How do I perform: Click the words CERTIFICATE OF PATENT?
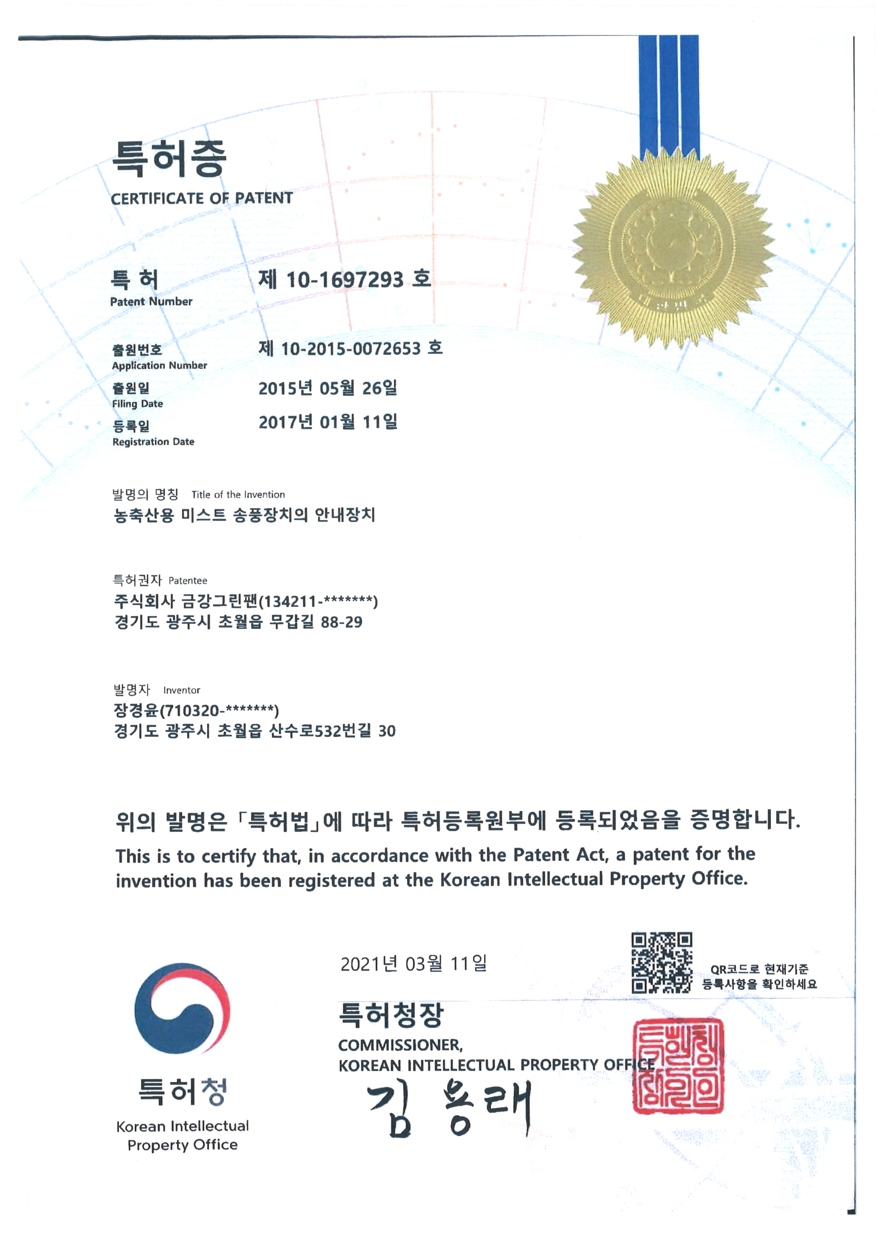tap(202, 199)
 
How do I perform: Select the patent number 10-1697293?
tap(345, 279)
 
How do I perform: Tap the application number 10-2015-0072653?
tap(351, 349)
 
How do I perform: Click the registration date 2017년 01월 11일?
tap(327, 422)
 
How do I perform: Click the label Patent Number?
tap(151, 302)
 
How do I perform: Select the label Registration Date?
tap(153, 442)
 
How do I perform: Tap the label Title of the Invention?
tap(238, 495)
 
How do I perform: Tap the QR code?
tap(662, 963)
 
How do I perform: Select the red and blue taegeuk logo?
tap(182, 1008)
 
